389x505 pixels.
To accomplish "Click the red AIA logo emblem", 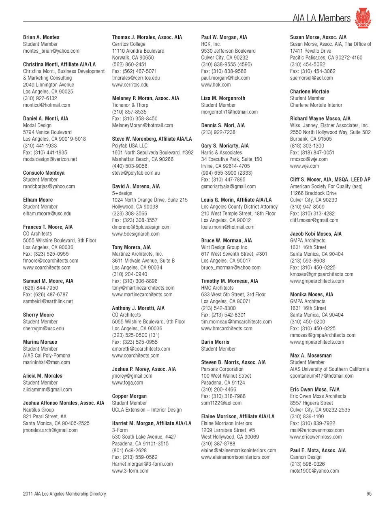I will pyautogui.click(x=363, y=18).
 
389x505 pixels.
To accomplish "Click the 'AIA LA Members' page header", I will pyautogui.click(x=321, y=18).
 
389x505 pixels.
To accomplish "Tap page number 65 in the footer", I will pyautogui.click(x=369, y=494).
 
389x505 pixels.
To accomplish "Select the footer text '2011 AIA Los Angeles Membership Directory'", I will pyautogui.click(x=64, y=494).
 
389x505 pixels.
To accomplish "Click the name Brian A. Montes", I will pyautogui.click(x=41, y=37).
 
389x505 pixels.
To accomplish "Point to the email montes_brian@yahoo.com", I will pyautogui.click(x=51, y=51).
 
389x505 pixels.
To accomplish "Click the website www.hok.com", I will pyautogui.click(x=216, y=85).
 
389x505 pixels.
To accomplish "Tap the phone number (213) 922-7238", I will pyautogui.click(x=218, y=132).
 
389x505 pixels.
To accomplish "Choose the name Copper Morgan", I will pyautogui.click(x=129, y=396).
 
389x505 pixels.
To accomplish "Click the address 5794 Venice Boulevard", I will pyautogui.click(x=47, y=132).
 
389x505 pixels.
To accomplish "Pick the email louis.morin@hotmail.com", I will pyautogui.click(x=228, y=227).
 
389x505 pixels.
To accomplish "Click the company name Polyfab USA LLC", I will pyautogui.click(x=130, y=146).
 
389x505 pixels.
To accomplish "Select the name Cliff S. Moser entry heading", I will pyautogui.click(x=330, y=180).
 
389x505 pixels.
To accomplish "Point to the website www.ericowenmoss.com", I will pyautogui.click(x=316, y=437).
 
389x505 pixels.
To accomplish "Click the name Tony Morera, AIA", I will pyautogui.click(x=131, y=247).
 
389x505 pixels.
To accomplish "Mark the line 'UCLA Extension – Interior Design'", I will pyautogui.click(x=147, y=410).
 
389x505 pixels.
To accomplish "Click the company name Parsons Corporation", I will pyautogui.click(x=222, y=369).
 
